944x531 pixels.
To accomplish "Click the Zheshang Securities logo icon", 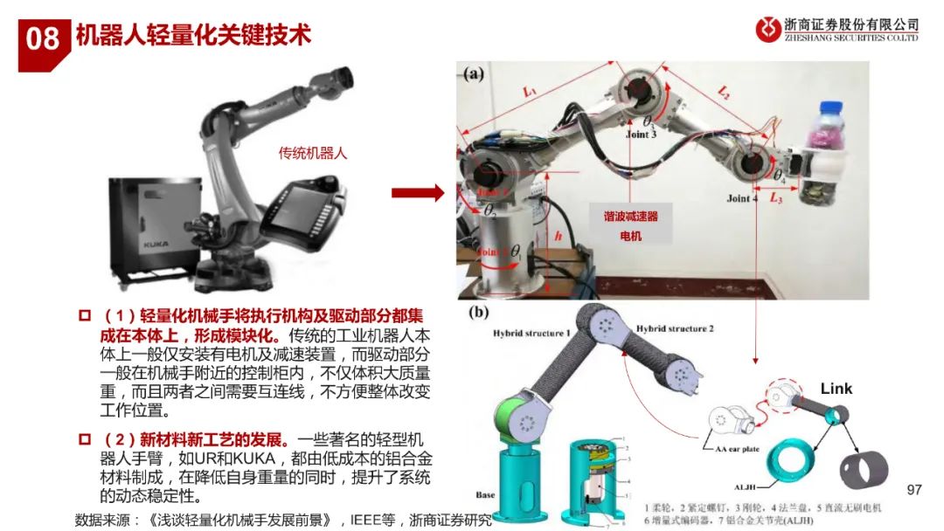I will click(768, 30).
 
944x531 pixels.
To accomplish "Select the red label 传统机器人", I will click(313, 153).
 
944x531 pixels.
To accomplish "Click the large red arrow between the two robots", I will click(417, 193).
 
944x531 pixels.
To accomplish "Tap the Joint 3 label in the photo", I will click(641, 135).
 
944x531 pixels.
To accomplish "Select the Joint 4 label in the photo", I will click(742, 198).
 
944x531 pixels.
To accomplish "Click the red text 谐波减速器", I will click(630, 217).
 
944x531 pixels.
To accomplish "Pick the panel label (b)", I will click(479, 311).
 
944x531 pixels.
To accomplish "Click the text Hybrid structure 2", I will click(675, 328).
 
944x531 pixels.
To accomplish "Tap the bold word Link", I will click(836, 388).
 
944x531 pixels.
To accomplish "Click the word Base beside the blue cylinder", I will click(485, 495).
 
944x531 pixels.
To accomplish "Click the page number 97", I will click(914, 489).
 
